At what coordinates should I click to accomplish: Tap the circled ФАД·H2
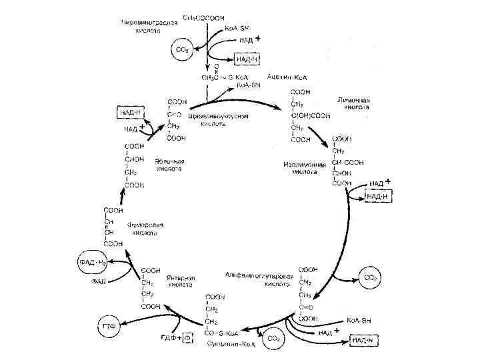pyautogui.click(x=93, y=263)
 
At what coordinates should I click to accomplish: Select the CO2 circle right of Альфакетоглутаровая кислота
pyautogui.click(x=369, y=275)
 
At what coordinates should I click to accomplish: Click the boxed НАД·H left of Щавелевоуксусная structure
pyautogui.click(x=131, y=111)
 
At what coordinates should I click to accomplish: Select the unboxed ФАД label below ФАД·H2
pyautogui.click(x=99, y=282)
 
